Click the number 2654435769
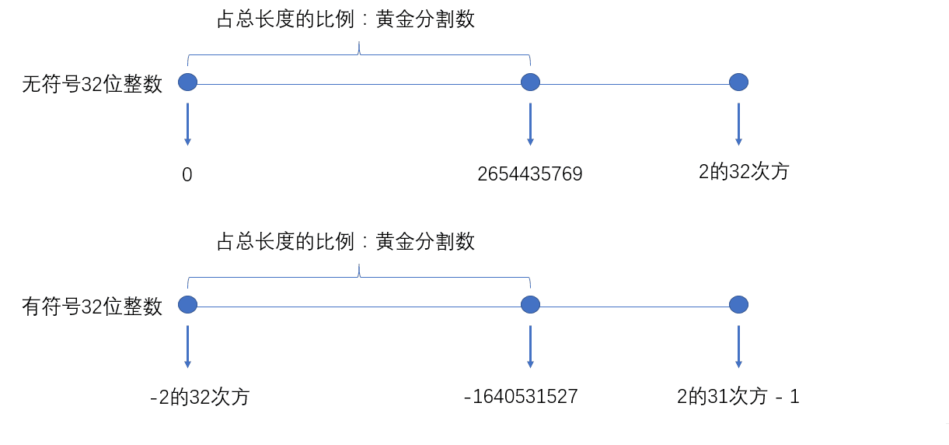click(530, 174)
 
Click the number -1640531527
click(521, 397)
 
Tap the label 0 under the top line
click(187, 175)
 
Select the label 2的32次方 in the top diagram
click(744, 172)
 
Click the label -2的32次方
click(200, 397)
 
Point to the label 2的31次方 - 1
click(738, 397)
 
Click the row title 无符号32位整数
click(92, 84)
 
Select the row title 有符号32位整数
click(92, 307)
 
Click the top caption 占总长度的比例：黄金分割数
click(345, 20)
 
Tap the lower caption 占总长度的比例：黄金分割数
click(345, 242)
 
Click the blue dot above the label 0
click(187, 82)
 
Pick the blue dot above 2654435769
click(530, 82)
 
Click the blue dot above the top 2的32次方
click(738, 82)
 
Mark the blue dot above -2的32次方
click(187, 304)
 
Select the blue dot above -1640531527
click(530, 304)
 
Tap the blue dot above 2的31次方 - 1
click(738, 304)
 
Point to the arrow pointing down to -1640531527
click(530, 345)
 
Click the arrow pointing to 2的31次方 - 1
click(738, 345)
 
